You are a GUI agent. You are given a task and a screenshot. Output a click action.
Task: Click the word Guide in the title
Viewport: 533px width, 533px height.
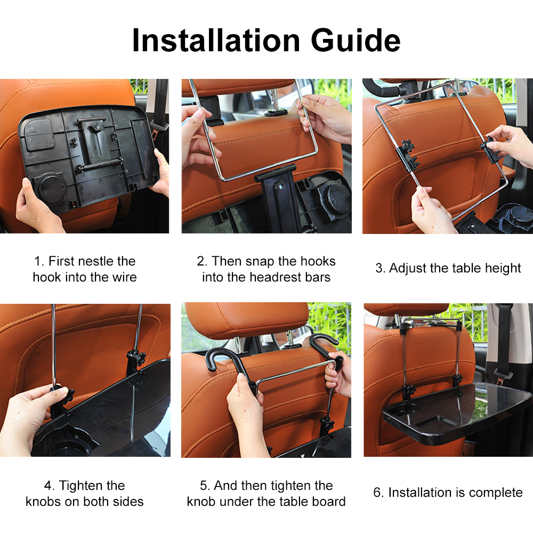tap(356, 41)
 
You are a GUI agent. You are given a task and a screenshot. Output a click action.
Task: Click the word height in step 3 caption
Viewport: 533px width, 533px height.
tap(503, 269)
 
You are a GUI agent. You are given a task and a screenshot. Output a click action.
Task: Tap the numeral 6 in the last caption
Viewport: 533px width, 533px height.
tap(377, 492)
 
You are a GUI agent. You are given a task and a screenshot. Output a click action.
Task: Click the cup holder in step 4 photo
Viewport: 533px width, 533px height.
tap(64, 442)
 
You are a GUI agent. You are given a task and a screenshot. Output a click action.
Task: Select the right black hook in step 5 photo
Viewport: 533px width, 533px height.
tap(326, 347)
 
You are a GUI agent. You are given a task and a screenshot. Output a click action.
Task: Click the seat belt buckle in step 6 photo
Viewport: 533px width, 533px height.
tap(503, 374)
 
